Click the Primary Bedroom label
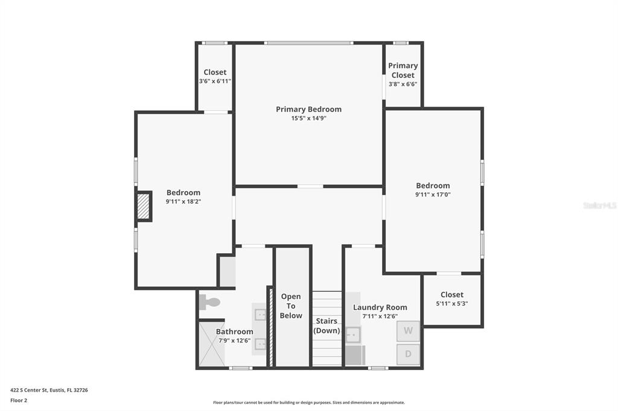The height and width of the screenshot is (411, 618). click(308, 109)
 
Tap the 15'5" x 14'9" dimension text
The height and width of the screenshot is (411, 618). click(308, 118)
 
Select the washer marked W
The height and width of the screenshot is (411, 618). click(408, 331)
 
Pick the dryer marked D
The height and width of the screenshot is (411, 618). click(408, 354)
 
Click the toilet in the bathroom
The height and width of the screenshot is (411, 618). click(209, 303)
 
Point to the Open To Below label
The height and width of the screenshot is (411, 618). click(291, 306)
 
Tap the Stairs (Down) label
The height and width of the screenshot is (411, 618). click(327, 325)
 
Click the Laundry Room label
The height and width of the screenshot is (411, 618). click(380, 307)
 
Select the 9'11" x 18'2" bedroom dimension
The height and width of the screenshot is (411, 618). click(183, 201)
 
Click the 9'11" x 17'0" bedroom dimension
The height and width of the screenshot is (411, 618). click(433, 195)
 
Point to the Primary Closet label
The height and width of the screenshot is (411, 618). click(403, 70)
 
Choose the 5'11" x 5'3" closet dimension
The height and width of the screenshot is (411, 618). click(452, 304)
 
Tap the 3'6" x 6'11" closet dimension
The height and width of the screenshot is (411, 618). click(215, 81)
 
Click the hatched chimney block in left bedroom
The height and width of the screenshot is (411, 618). click(144, 207)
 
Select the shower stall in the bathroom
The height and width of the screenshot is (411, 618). click(212, 344)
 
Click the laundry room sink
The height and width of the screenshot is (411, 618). click(352, 334)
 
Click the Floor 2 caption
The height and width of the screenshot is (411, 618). click(19, 400)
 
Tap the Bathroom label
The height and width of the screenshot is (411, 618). click(235, 331)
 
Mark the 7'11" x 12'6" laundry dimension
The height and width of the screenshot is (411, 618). click(380, 316)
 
